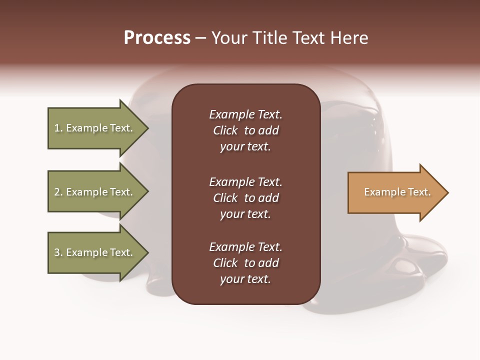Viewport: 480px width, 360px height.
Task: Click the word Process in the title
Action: tap(157, 38)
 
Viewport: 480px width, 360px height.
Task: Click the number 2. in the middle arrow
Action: tap(58, 192)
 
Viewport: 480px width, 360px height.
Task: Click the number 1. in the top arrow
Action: tap(58, 128)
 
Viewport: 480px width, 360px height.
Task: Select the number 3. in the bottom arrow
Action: tap(58, 252)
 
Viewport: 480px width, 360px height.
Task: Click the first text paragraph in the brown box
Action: tap(245, 130)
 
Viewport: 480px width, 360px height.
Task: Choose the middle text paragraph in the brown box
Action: tap(245, 198)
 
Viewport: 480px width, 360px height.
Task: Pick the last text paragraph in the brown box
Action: tap(245, 263)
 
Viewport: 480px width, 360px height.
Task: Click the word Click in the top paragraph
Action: tap(225, 130)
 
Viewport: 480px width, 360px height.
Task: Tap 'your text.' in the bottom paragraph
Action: tap(245, 279)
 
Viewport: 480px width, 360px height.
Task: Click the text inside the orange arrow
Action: tap(397, 192)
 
